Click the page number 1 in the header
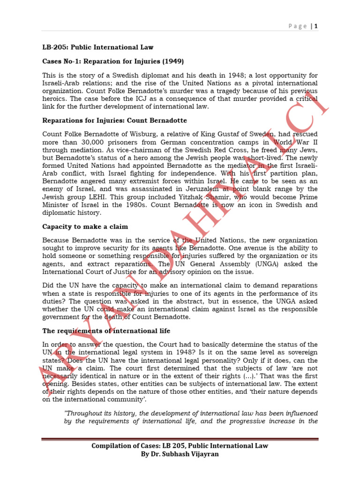coord(316,26)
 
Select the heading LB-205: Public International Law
coord(97,47)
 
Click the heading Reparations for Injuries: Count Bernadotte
coord(114,120)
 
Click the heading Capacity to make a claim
coord(85,226)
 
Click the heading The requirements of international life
coord(106,331)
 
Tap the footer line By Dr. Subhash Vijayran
coord(180,454)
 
